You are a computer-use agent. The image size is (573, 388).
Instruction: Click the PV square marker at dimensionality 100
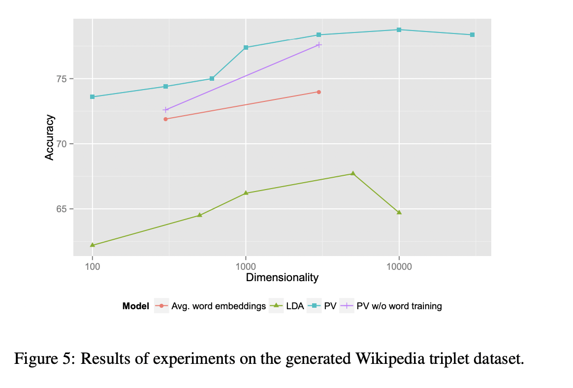click(93, 97)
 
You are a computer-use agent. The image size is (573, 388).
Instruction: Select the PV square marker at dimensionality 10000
click(399, 30)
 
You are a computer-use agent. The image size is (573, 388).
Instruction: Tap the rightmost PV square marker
click(472, 35)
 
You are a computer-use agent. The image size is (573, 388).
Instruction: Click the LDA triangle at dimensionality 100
click(93, 245)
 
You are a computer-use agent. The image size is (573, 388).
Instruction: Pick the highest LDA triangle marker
click(352, 173)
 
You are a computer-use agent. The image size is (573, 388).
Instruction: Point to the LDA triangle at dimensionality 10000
click(399, 212)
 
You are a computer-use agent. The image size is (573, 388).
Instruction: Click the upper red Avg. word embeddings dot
click(319, 92)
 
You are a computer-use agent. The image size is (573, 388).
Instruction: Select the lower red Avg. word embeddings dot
click(165, 119)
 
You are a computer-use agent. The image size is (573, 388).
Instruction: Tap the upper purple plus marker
click(319, 45)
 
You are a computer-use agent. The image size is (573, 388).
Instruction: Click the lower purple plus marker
click(165, 110)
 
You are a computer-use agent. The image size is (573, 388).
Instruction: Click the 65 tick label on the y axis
click(62, 209)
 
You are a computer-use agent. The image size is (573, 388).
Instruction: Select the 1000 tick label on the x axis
click(246, 266)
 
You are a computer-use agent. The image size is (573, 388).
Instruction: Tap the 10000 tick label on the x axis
click(399, 266)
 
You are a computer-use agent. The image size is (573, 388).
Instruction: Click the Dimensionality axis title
click(282, 278)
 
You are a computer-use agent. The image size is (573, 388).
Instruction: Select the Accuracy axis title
click(49, 137)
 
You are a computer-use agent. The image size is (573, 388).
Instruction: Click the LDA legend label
click(295, 306)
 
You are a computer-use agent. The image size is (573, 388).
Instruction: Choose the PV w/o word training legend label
click(399, 306)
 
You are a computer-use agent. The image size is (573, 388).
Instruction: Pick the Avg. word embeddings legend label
click(219, 306)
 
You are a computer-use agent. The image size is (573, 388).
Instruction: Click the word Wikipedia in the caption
click(390, 358)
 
